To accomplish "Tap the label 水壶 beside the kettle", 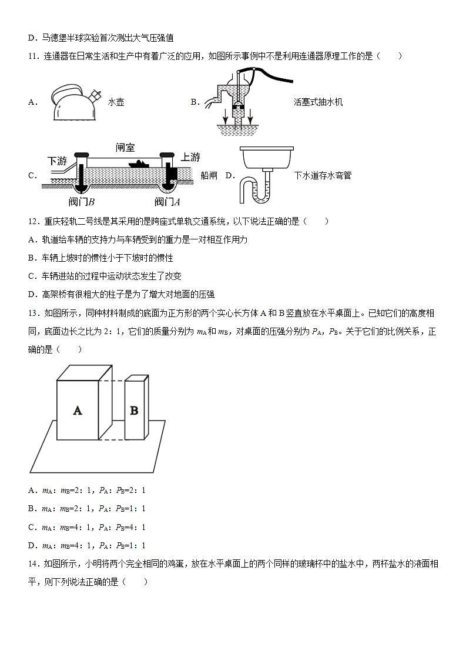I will coord(116,102).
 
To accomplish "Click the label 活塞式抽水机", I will coord(318,102).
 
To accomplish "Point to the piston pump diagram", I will coord(238,97).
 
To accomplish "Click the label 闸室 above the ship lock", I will coord(126,148).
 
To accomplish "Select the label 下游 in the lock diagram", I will coord(57,161).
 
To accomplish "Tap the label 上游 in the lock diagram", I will coord(190,157).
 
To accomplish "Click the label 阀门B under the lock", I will coord(82,202).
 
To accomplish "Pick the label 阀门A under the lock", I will coord(167,202).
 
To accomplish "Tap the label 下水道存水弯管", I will coord(323,175).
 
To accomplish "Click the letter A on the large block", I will coord(77,411).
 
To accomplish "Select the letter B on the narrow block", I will coord(134,410).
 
